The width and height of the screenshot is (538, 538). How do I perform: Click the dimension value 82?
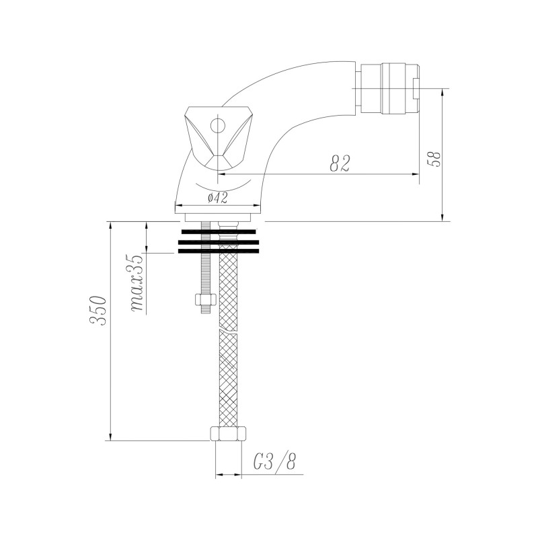tap(340, 163)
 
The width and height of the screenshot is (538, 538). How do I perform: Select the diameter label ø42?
tap(217, 198)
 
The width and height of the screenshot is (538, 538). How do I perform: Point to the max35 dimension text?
tap(137, 283)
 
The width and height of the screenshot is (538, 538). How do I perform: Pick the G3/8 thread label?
tap(274, 462)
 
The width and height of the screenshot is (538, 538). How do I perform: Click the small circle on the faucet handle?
tap(217, 125)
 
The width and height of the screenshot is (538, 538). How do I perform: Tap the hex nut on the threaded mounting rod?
tap(205, 299)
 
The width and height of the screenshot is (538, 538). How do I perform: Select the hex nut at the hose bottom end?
tap(228, 434)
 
